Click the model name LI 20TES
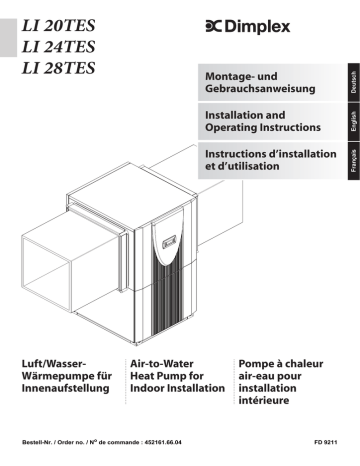click(59, 26)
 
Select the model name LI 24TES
click(59, 47)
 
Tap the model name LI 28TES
click(59, 68)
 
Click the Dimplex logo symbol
click(214, 27)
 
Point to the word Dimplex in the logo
click(257, 27)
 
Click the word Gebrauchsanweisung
click(260, 89)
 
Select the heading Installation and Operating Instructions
click(263, 121)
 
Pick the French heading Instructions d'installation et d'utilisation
click(271, 160)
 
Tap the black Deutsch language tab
click(354, 82)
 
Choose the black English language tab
click(354, 121)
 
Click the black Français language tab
click(354, 161)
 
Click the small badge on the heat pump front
click(169, 244)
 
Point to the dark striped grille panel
click(168, 297)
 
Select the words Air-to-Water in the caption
click(162, 364)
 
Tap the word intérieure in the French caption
click(264, 400)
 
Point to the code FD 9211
click(326, 442)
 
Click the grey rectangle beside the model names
click(8, 38)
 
